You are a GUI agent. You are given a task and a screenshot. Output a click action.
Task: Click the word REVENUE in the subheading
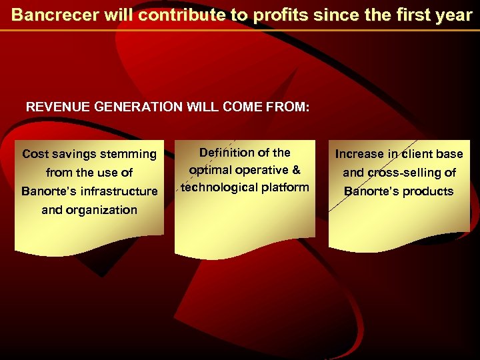(x=54, y=107)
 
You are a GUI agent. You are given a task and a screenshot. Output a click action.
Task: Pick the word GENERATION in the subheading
(x=133, y=107)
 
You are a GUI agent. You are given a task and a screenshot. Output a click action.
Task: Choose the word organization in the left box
(x=89, y=210)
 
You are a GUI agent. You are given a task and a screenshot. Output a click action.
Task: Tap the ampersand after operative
(x=296, y=170)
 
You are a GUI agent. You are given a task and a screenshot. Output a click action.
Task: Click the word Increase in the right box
(x=360, y=154)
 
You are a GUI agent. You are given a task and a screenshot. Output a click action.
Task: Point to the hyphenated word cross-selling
(x=399, y=173)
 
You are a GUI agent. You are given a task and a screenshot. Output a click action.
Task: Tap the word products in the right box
(x=427, y=192)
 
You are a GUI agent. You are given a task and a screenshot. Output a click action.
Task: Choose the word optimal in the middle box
(x=210, y=170)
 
